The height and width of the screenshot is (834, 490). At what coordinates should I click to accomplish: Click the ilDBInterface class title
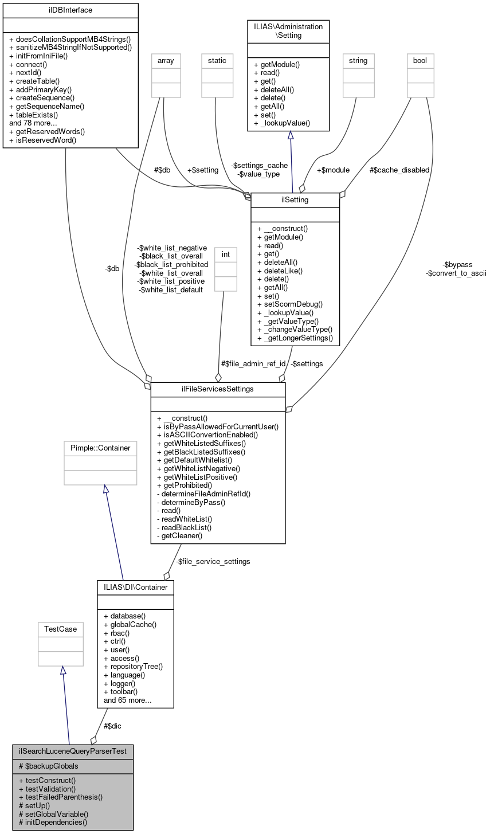point(70,10)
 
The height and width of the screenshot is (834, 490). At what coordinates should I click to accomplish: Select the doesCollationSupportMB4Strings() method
point(70,40)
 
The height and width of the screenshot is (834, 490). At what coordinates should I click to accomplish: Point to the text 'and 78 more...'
point(33,123)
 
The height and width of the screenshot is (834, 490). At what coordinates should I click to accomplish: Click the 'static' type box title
point(217,60)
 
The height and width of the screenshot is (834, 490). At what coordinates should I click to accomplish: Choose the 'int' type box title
point(225,254)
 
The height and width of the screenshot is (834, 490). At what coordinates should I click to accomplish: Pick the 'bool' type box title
point(420,60)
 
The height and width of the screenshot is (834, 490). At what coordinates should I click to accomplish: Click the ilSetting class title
point(295,199)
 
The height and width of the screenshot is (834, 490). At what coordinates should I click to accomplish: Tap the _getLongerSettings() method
point(295,338)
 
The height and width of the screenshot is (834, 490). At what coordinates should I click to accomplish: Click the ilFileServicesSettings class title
point(218,389)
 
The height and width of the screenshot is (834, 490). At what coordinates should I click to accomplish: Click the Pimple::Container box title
point(100,448)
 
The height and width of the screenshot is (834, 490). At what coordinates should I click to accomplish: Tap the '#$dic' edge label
point(112,726)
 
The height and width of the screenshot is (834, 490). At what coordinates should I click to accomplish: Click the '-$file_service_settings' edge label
point(213,562)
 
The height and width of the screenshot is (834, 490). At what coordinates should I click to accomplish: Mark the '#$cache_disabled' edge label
point(399,170)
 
